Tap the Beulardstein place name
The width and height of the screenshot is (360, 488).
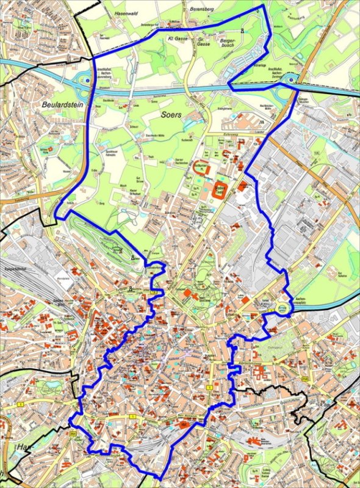(x=62, y=105)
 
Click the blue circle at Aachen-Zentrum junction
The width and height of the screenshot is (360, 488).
(x=292, y=79)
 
